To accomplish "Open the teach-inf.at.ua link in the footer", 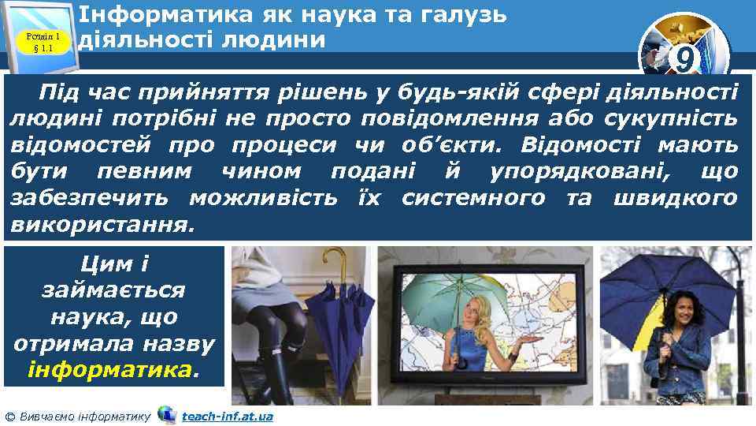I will coord(227,416).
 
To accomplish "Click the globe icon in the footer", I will coord(166,414).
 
